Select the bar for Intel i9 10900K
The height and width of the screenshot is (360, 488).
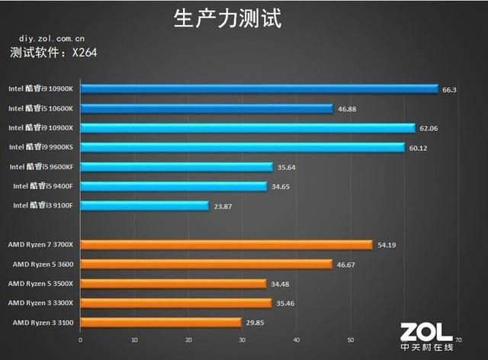pyautogui.click(x=258, y=89)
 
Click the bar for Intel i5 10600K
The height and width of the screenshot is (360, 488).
pyautogui.click(x=206, y=108)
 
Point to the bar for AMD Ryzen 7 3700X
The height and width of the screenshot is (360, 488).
pyautogui.click(x=226, y=245)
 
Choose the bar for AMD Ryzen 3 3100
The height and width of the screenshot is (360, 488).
pyautogui.click(x=160, y=322)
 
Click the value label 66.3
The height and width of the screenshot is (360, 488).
pyautogui.click(x=449, y=89)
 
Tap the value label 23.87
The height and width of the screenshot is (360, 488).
pyautogui.click(x=222, y=205)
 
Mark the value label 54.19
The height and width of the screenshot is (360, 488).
pyautogui.click(x=387, y=245)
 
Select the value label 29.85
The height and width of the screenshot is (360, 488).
pyautogui.click(x=255, y=322)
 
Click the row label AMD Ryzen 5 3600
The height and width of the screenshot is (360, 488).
pyautogui.click(x=43, y=264)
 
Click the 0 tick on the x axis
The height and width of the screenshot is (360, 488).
pyautogui.click(x=80, y=340)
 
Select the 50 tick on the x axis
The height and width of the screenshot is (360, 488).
pyautogui.click(x=350, y=340)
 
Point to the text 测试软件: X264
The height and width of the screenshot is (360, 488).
pyautogui.click(x=54, y=53)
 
